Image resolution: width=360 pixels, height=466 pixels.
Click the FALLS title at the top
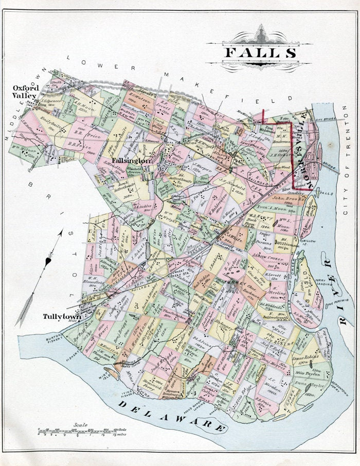coord(260,52)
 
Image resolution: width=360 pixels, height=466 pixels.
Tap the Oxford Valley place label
coord(26,91)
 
